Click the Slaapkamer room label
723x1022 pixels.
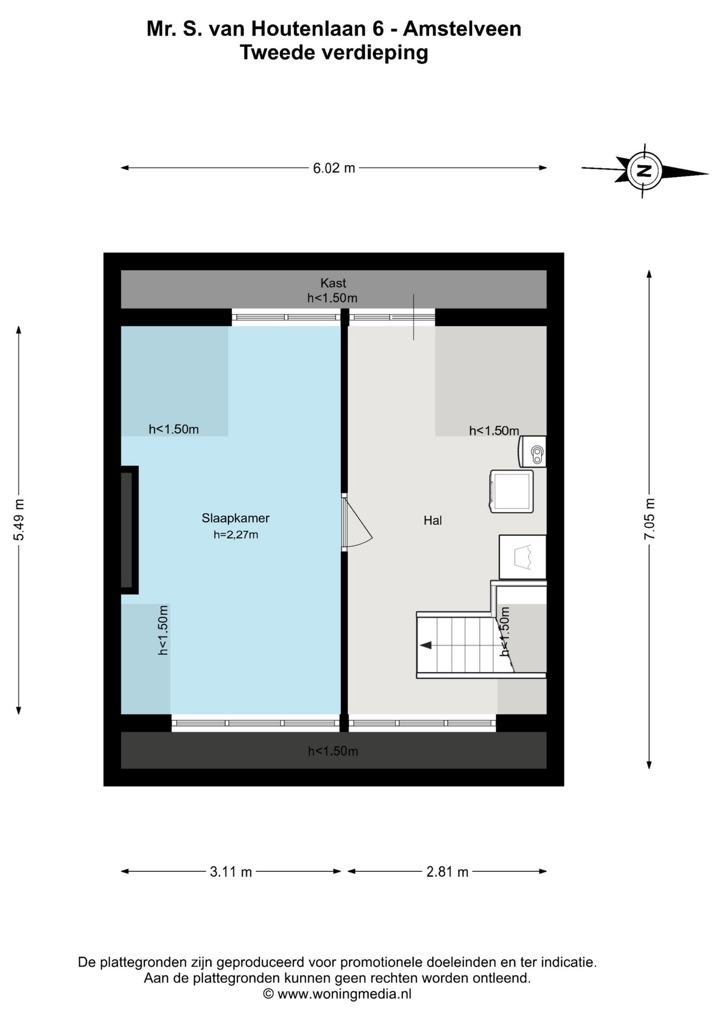pyautogui.click(x=235, y=518)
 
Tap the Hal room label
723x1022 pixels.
pyautogui.click(x=433, y=521)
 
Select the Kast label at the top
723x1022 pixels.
pyautogui.click(x=333, y=283)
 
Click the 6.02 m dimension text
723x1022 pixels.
pyautogui.click(x=334, y=168)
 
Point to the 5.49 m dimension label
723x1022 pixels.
pyautogui.click(x=19, y=520)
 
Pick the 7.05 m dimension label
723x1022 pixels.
pyautogui.click(x=650, y=520)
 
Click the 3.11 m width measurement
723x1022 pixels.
pyautogui.click(x=231, y=872)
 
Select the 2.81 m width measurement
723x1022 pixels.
pyautogui.click(x=447, y=872)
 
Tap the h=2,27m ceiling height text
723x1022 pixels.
pyautogui.click(x=236, y=534)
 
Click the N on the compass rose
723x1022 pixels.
pyautogui.click(x=645, y=171)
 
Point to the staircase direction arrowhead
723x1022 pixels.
pyautogui.click(x=425, y=646)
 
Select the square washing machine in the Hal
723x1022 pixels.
pyautogui.click(x=512, y=491)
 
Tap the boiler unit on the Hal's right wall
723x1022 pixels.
pyautogui.click(x=532, y=452)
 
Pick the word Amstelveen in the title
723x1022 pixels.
pyautogui.click(x=462, y=29)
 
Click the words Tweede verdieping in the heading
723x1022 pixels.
pyautogui.click(x=334, y=53)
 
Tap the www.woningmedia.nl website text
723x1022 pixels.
pyautogui.click(x=344, y=994)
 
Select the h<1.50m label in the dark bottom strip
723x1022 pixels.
pyautogui.click(x=333, y=751)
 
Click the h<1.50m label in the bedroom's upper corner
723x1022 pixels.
pyautogui.click(x=174, y=429)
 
